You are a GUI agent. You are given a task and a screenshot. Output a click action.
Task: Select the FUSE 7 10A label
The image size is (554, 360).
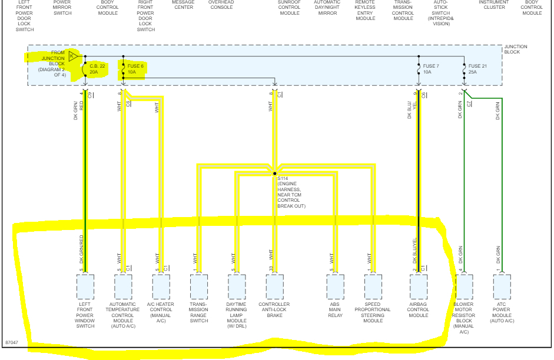coord(431,69)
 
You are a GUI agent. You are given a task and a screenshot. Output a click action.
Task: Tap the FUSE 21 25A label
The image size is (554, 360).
coord(477,69)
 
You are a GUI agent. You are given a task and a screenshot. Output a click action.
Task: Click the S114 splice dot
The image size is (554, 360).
coord(274,174)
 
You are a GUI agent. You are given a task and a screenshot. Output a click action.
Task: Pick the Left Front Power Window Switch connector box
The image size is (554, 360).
coord(85,287)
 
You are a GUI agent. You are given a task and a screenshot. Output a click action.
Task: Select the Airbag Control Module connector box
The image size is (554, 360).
coord(419,287)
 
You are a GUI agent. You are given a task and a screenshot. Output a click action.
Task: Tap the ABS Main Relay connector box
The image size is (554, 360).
coord(335,287)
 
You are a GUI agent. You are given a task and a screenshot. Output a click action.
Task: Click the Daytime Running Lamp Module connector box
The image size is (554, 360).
coord(237,287)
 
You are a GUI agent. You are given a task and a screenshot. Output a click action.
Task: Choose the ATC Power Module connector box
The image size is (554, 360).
coord(502,287)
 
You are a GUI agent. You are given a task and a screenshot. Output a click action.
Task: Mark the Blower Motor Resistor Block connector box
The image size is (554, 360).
coord(464,287)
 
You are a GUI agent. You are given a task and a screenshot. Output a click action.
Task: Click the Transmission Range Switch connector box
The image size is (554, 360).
coord(199,287)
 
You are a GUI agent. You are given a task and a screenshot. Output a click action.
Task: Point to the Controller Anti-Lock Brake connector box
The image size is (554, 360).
coord(274,287)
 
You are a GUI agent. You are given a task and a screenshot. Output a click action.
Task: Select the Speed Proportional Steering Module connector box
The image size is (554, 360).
coord(373,287)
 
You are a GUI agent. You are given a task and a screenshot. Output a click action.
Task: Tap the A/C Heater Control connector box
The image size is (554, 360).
coord(161,287)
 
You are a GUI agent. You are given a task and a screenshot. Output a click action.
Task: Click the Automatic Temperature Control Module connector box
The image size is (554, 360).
coord(123,287)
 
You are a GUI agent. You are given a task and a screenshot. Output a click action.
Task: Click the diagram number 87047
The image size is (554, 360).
coord(12,342)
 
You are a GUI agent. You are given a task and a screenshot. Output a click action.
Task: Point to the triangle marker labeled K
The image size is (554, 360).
coord(72,56)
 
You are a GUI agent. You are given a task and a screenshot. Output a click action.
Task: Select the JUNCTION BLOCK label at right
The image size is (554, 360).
coord(516,49)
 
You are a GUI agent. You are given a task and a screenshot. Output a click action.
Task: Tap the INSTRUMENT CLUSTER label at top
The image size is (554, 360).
coord(493,5)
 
